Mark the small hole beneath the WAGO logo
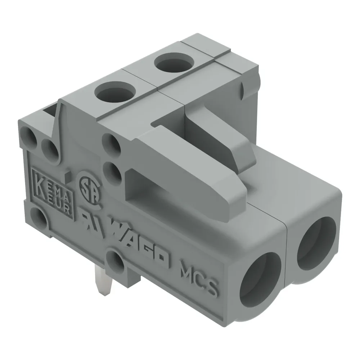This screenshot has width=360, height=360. [x=118, y=261]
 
